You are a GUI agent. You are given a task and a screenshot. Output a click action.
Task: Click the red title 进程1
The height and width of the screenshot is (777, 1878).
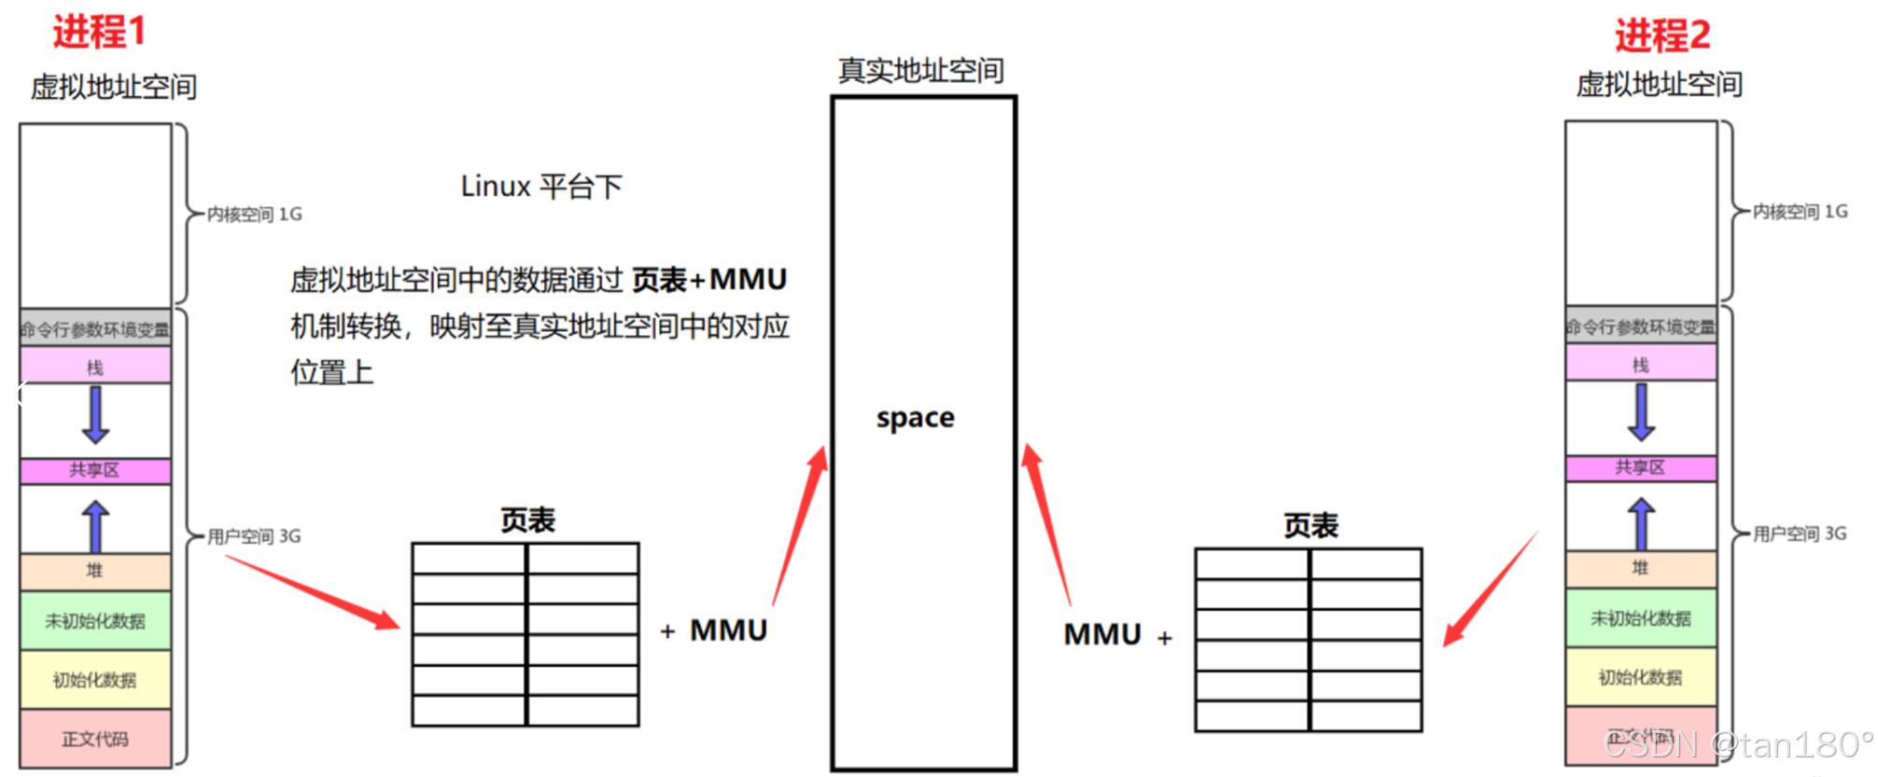[x=99, y=32]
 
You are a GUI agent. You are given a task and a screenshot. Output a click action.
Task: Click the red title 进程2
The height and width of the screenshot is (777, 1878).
[x=1662, y=35]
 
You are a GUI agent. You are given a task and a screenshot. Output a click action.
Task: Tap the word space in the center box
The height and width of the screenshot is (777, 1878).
[x=915, y=417]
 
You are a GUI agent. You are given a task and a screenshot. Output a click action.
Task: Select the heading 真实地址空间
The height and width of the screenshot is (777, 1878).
[x=920, y=70]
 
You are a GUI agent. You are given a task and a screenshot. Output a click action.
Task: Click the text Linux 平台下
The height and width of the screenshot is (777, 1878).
[x=541, y=187]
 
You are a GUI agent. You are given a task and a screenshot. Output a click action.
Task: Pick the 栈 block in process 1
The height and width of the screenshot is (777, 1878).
[x=95, y=366]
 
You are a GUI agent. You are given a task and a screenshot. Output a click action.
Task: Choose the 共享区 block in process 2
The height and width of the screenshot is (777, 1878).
[x=1640, y=467]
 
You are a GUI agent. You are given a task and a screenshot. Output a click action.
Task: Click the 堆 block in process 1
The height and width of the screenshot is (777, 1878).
[x=95, y=571]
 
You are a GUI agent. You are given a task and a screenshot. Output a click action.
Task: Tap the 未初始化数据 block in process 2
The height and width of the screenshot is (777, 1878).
[x=1640, y=618]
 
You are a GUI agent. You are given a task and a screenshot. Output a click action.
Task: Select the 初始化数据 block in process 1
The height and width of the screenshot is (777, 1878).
[x=95, y=680]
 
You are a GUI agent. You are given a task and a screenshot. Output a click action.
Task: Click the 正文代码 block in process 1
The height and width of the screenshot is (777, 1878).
[x=95, y=739]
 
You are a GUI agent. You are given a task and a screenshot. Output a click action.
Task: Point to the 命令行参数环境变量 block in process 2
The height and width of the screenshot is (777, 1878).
[x=1640, y=326]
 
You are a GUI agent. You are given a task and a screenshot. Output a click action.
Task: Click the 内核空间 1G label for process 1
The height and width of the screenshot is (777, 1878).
[x=254, y=215]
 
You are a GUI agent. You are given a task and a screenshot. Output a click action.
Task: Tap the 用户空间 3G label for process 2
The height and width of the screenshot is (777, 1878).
[x=1799, y=534]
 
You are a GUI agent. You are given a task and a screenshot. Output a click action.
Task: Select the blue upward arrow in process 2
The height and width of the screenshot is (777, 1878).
[x=1641, y=523]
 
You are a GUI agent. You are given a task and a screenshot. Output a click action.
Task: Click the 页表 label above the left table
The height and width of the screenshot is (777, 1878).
[x=527, y=520]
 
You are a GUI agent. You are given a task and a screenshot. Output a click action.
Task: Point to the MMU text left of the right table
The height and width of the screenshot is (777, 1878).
[x=1102, y=634]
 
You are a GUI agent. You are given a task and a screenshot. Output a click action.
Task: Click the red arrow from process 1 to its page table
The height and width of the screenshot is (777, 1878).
[x=313, y=592]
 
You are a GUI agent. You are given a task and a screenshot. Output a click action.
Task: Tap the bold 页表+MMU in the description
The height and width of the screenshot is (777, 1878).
[x=709, y=279]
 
